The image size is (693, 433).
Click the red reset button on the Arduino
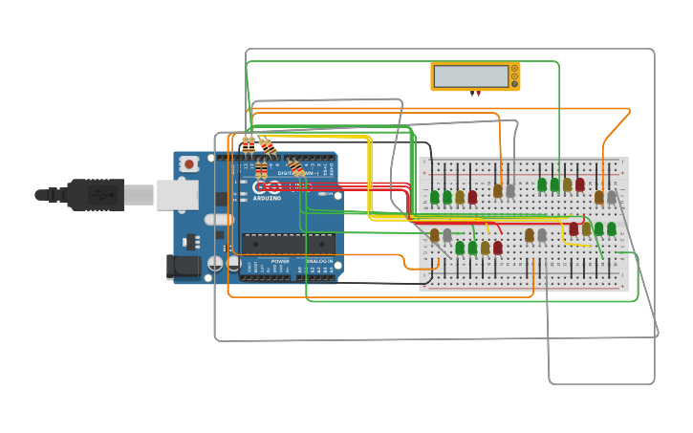(x=189, y=164)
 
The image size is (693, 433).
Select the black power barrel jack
(x=185, y=267)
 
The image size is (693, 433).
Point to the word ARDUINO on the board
(x=268, y=197)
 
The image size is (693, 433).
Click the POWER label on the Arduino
(x=279, y=261)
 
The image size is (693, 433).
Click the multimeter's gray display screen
(x=470, y=76)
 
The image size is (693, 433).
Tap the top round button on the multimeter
(x=515, y=69)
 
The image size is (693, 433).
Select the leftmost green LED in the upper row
(x=434, y=197)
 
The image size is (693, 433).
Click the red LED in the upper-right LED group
(x=579, y=184)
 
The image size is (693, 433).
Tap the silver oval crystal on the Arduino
(x=219, y=220)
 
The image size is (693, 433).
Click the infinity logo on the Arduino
(x=268, y=186)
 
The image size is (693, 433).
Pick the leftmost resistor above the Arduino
(x=249, y=144)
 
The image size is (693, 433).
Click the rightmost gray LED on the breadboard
(x=612, y=197)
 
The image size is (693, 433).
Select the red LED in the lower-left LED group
(x=497, y=248)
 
